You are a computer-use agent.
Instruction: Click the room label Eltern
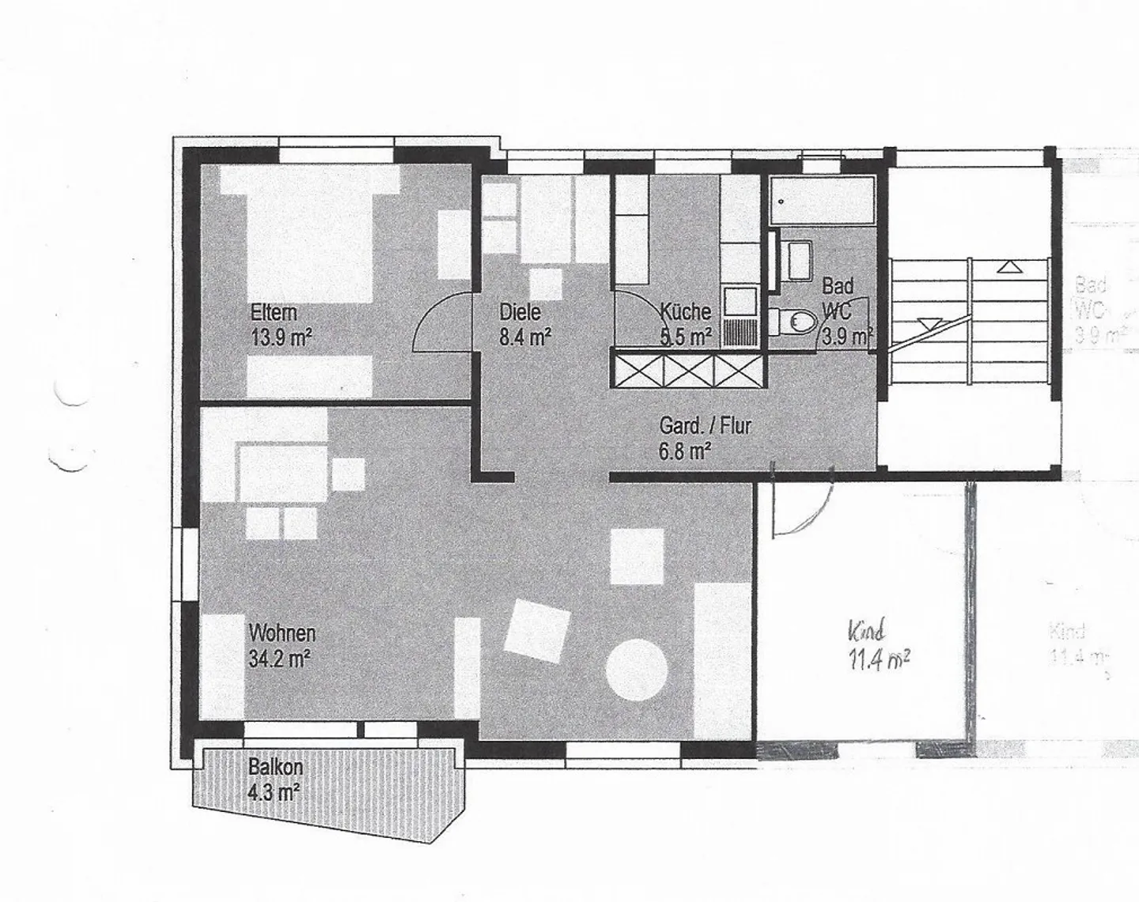click(274, 311)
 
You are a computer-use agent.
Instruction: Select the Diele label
click(520, 311)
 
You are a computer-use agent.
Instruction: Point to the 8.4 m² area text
click(524, 338)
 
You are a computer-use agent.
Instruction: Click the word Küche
click(686, 311)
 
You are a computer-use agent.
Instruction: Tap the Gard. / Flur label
click(705, 426)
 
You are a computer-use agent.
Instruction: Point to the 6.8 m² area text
click(685, 452)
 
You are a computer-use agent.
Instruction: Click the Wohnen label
click(282, 633)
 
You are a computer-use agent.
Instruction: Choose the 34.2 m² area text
click(279, 659)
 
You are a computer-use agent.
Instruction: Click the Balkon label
click(275, 767)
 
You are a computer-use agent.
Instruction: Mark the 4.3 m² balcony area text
click(274, 792)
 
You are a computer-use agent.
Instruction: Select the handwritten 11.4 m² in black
click(878, 658)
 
